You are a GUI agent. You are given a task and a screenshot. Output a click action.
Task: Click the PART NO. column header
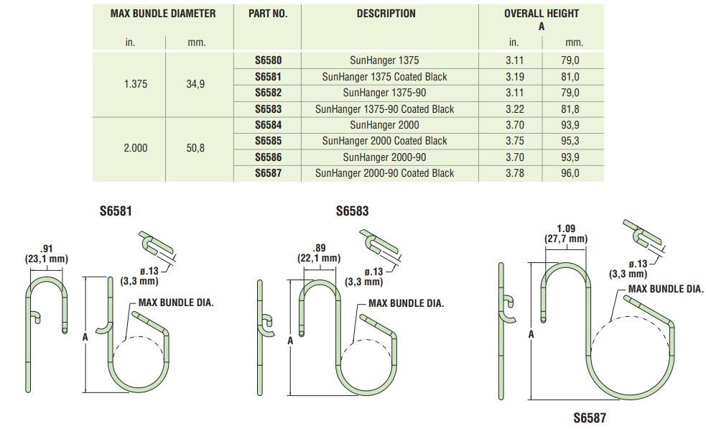tap(268, 14)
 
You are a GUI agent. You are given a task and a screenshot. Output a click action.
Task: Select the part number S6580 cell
tap(268, 61)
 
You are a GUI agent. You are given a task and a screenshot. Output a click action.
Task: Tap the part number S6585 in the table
tap(268, 141)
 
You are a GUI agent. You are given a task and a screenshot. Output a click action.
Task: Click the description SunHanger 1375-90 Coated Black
tap(384, 109)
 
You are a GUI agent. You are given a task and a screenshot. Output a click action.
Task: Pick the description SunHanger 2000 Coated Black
tap(384, 141)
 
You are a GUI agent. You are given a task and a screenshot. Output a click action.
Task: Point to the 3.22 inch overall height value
tap(514, 109)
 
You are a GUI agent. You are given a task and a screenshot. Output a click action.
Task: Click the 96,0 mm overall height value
tap(570, 173)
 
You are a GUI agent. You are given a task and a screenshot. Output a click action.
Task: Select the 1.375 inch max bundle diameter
tap(135, 84)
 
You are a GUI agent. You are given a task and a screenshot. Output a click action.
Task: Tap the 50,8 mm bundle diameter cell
tap(195, 149)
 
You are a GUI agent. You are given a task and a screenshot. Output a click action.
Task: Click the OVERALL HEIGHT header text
tap(541, 14)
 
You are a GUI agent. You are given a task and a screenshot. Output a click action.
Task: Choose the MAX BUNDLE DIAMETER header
tap(163, 14)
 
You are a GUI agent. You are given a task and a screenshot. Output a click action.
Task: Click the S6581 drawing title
tap(116, 212)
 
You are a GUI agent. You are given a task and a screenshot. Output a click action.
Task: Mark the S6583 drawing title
tap(352, 212)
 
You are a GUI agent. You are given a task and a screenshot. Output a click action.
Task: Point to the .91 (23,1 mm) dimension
tap(47, 254)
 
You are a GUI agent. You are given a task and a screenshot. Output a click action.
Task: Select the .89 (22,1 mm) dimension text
tap(318, 253)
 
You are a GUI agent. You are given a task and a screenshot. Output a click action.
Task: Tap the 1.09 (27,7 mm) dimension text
tap(566, 234)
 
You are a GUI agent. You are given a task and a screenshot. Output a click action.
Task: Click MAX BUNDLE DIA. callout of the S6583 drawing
tap(406, 303)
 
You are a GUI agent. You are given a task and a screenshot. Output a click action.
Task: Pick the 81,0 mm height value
tap(570, 77)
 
